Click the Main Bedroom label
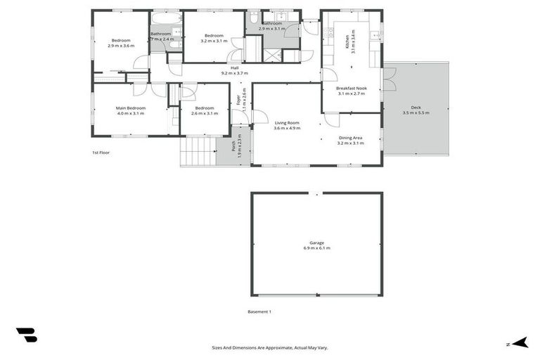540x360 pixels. pos(130,108)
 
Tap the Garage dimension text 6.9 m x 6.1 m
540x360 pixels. pos(316,248)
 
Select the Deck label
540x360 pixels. pos(416,108)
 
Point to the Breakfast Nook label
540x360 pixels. pos(351,88)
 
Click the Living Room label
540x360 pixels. pos(287,123)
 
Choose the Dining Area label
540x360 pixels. pos(351,138)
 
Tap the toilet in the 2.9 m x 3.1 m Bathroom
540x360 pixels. pos(253,18)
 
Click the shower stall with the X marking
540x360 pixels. pos(272,56)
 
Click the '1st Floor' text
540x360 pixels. pos(101,153)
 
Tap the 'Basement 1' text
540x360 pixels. pos(259,311)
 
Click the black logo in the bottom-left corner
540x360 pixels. pos(26,335)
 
